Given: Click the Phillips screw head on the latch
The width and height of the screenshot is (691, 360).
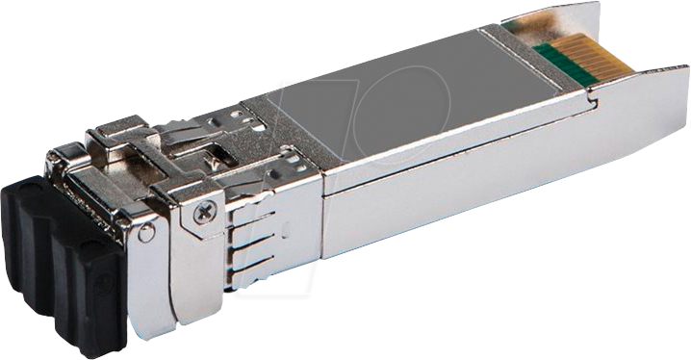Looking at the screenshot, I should click(x=204, y=214).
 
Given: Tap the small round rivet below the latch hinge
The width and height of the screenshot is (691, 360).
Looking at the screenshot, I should click(x=145, y=233).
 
